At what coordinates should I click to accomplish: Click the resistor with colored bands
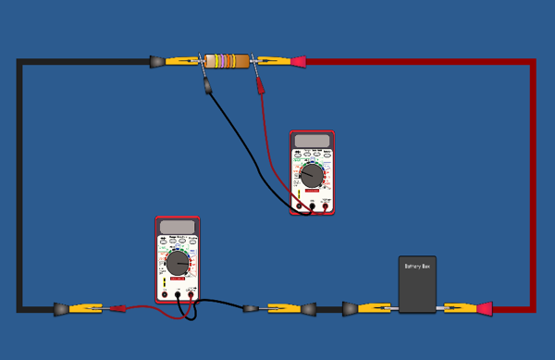(x=228, y=61)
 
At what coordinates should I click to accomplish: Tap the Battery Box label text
(x=417, y=267)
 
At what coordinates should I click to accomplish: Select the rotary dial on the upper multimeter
(x=312, y=173)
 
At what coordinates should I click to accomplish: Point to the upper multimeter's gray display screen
(x=312, y=141)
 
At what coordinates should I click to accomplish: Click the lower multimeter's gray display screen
(x=177, y=227)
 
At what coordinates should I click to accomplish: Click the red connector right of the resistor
(x=298, y=62)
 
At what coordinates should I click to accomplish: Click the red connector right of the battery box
(x=483, y=307)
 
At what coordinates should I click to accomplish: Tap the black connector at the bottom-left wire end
(x=60, y=307)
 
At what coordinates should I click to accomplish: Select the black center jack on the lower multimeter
(x=179, y=295)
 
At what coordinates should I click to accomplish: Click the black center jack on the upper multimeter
(x=313, y=206)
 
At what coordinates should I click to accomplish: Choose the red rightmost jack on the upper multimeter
(x=327, y=206)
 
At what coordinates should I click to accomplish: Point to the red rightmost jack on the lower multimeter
(x=191, y=295)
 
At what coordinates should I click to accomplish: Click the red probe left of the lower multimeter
(x=117, y=308)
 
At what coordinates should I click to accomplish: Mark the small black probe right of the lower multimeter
(x=249, y=307)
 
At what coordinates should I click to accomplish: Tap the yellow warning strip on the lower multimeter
(x=165, y=282)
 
